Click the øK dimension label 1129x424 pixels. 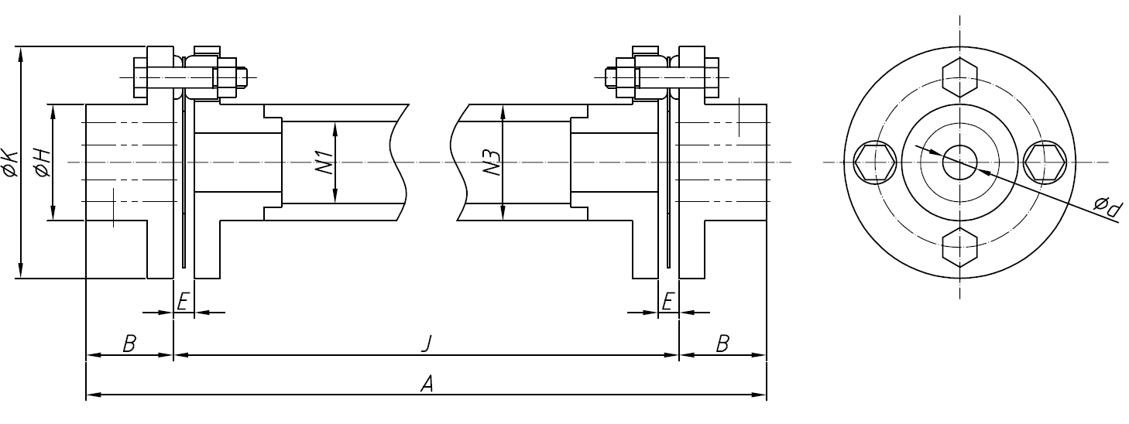[9, 163]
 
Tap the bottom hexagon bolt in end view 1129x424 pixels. [959, 248]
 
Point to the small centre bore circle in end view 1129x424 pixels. [959, 162]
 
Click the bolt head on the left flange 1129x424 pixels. [140, 77]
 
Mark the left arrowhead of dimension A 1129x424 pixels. [91, 396]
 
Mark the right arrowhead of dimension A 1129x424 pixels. [761, 396]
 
